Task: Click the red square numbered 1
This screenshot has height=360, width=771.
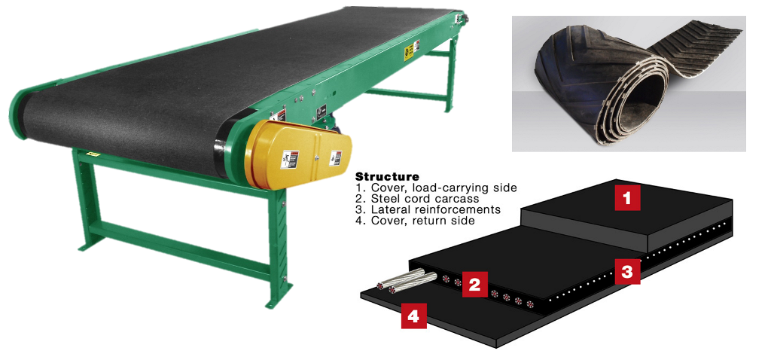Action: pos(627,197)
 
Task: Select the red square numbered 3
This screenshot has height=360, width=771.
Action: pos(627,272)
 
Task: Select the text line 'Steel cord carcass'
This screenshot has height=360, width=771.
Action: pos(412,199)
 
